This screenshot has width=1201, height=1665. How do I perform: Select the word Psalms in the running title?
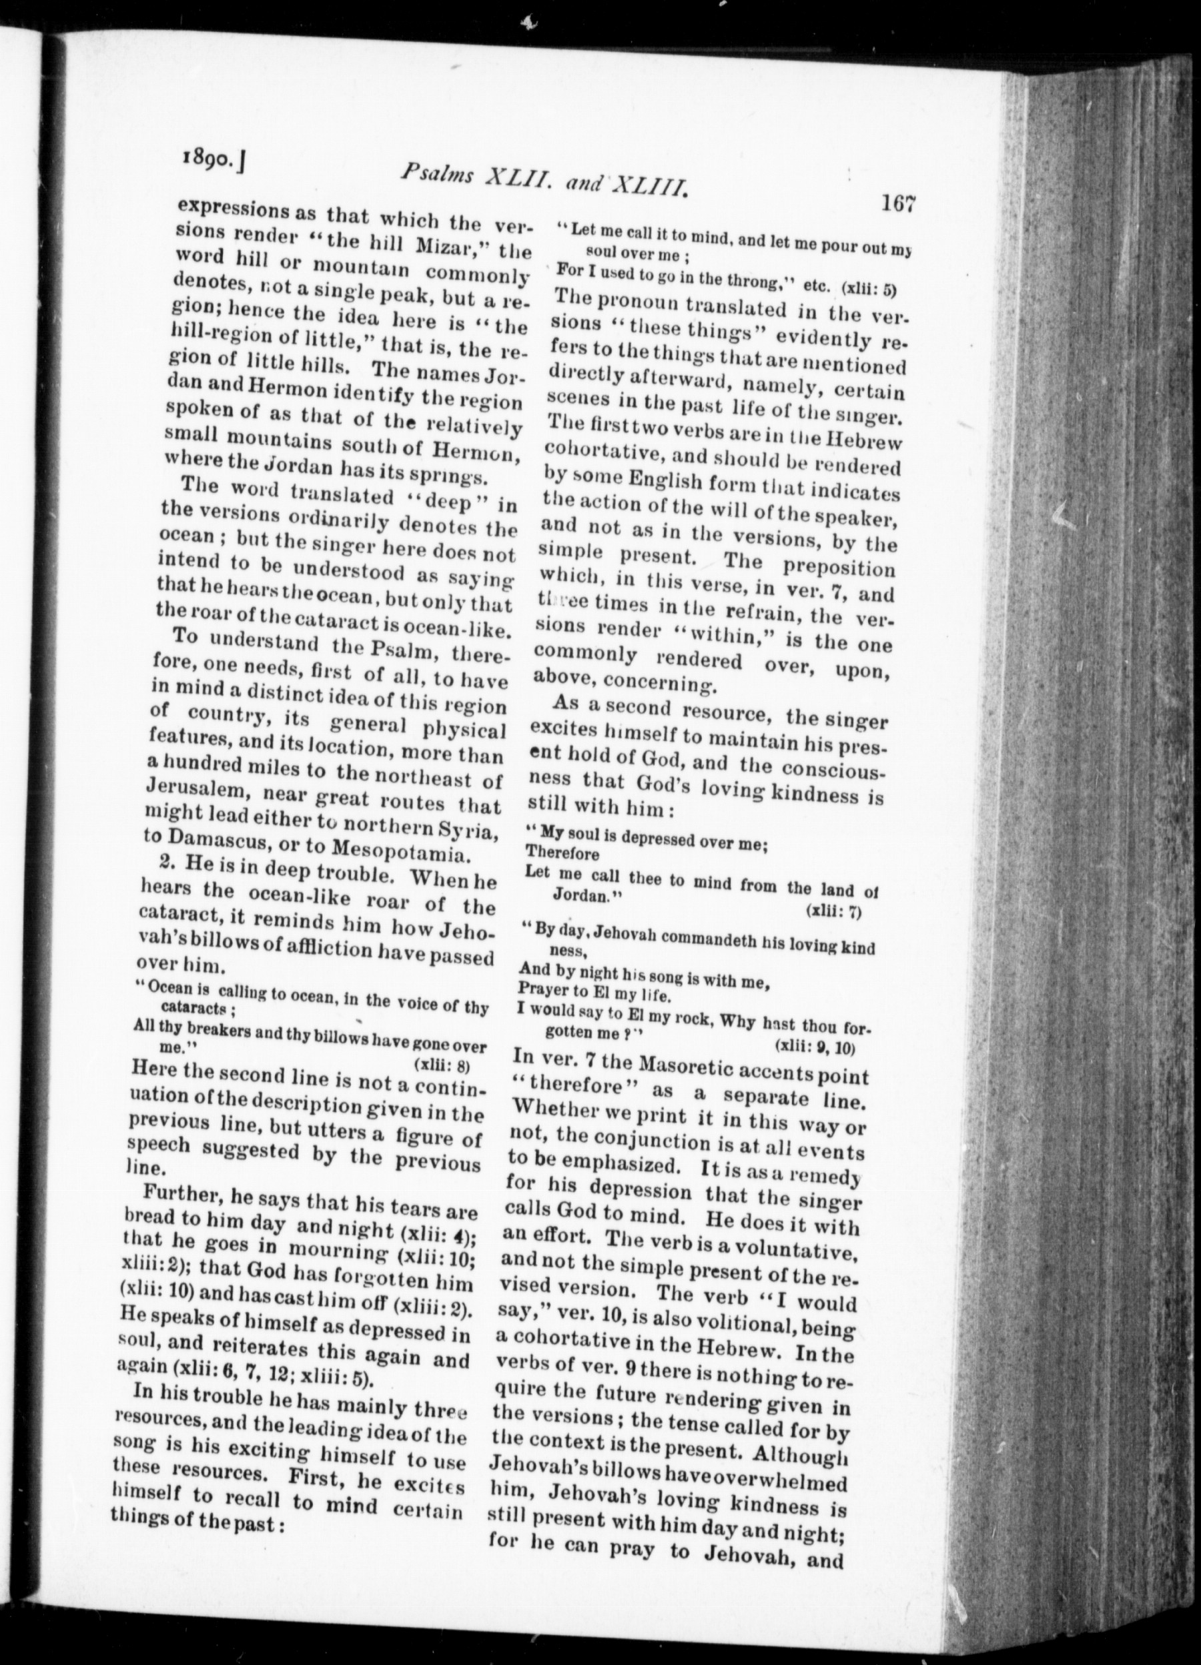(439, 174)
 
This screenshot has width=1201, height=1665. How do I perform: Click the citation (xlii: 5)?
(870, 289)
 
